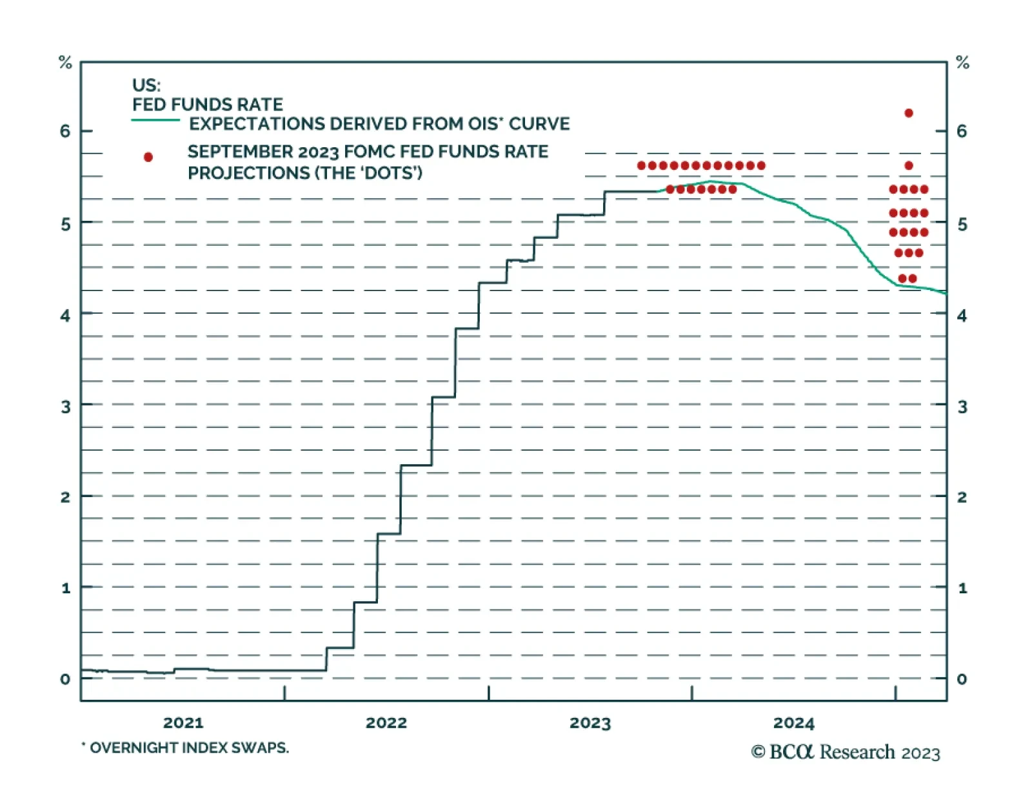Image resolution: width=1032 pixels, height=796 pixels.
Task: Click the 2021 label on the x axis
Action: click(183, 722)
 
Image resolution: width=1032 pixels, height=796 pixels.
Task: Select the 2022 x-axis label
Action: click(386, 722)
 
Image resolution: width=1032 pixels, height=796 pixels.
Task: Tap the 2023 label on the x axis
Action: click(590, 722)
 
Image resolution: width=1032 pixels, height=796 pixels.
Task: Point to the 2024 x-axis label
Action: click(793, 722)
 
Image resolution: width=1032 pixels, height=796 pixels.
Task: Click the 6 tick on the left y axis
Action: click(65, 131)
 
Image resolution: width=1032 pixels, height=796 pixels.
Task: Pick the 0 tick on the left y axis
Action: click(65, 679)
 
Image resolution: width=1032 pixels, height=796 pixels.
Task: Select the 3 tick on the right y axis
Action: click(962, 407)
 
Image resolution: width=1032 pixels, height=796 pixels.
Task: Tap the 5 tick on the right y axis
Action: click(962, 224)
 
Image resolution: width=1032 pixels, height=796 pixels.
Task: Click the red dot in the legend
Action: click(148, 157)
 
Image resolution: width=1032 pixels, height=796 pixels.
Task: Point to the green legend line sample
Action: click(155, 120)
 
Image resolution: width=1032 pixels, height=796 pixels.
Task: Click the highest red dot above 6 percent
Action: click(909, 113)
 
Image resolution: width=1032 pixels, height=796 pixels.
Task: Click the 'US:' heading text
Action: click(146, 85)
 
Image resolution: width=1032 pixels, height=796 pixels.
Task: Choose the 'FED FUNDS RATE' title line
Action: click(208, 105)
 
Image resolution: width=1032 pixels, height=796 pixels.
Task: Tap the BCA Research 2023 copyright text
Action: click(846, 752)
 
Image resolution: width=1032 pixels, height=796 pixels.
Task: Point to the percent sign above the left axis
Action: click(65, 63)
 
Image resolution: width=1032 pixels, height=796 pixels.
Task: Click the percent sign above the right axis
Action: click(962, 63)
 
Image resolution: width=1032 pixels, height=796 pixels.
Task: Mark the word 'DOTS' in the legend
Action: click(393, 173)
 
